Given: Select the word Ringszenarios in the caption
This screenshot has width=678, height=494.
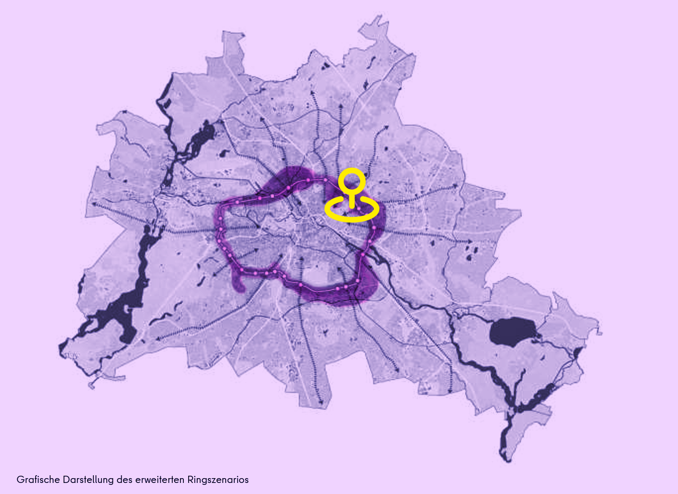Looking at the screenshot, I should click(218, 480).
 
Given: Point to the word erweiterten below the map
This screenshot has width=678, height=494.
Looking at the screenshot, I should click(159, 480).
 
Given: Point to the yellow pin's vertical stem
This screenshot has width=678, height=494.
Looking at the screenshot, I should click(352, 200).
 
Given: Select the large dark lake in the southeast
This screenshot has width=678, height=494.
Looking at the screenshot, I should click(512, 331).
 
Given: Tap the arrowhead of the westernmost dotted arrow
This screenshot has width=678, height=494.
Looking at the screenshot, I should click(92, 204).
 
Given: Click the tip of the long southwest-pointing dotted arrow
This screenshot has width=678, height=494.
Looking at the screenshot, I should click(157, 339).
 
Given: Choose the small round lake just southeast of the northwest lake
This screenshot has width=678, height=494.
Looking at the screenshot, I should click(223, 154).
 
